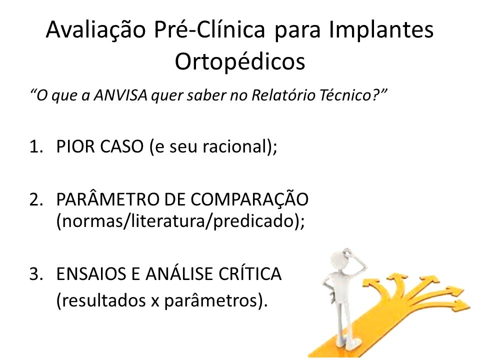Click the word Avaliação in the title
[x=96, y=30]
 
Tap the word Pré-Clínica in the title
[x=209, y=29]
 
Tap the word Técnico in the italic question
[x=345, y=95]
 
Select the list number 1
[x=36, y=146]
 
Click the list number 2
[x=36, y=199]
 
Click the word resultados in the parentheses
[x=101, y=300]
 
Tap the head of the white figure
[x=340, y=259]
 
